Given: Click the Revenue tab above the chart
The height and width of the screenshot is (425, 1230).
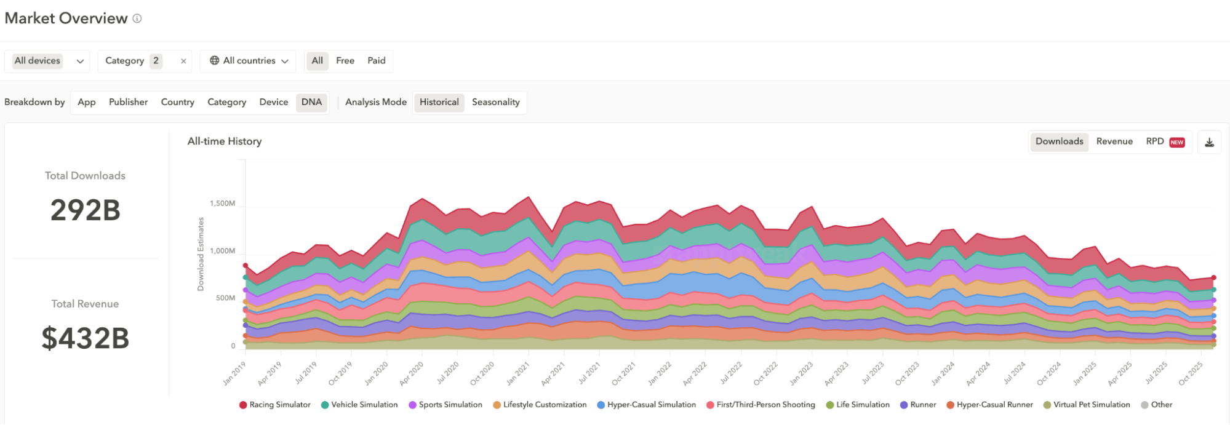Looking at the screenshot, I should pos(1114,141).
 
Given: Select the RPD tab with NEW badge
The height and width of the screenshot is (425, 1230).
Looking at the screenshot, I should pos(1164,141).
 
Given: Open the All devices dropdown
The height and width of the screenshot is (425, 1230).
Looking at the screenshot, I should pos(47,61).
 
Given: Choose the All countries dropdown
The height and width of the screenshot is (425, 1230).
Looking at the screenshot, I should pos(249,61).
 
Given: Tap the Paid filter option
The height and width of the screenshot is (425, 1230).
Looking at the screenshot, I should pos(376,61).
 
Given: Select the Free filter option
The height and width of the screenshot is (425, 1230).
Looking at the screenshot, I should pos(345,61).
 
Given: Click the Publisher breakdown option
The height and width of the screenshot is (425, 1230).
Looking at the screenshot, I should pos(128,102).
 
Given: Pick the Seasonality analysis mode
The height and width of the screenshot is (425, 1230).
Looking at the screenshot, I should pos(495,102).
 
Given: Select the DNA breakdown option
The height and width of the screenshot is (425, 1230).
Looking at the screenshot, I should pos(311,102).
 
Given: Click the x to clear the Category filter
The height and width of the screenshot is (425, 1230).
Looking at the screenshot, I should pos(183,61).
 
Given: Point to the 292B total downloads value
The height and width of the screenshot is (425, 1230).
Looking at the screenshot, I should pos(85,210).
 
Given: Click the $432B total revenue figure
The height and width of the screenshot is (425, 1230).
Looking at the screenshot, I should pos(85,338).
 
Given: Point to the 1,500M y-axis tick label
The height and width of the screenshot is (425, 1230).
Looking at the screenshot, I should pos(222,204).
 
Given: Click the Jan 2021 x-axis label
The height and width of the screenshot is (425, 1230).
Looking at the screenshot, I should pos(518,373).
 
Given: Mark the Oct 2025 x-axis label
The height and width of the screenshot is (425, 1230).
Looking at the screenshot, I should pos(1191,373).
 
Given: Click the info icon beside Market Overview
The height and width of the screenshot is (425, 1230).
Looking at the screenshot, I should pos(137,18).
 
